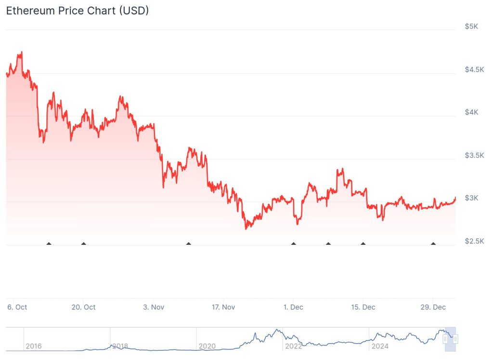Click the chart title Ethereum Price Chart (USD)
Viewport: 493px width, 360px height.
[77, 11]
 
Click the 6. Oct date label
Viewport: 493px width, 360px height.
[17, 307]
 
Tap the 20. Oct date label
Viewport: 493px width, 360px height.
[83, 307]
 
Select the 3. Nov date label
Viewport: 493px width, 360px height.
[153, 307]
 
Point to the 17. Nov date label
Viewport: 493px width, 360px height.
[223, 307]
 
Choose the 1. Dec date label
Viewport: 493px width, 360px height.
[293, 307]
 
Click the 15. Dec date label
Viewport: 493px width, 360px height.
[363, 307]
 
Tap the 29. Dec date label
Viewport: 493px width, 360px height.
[433, 307]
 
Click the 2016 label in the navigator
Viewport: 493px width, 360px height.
[33, 346]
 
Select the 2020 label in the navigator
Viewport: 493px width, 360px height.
[207, 346]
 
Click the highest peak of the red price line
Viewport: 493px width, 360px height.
[21, 52]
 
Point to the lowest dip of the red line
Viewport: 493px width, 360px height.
[246, 228]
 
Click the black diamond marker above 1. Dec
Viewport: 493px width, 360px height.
[293, 244]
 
